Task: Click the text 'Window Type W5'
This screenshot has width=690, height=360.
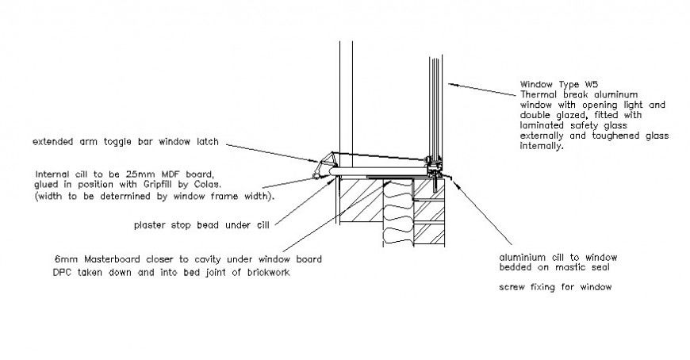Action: point(554,83)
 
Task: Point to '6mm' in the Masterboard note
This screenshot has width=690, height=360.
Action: point(63,260)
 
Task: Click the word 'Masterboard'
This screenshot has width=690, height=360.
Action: point(108,260)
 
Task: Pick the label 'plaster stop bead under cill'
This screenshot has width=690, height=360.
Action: point(201,225)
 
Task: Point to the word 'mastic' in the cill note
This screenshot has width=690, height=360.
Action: point(573,269)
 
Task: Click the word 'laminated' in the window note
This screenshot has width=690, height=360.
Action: point(541,125)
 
